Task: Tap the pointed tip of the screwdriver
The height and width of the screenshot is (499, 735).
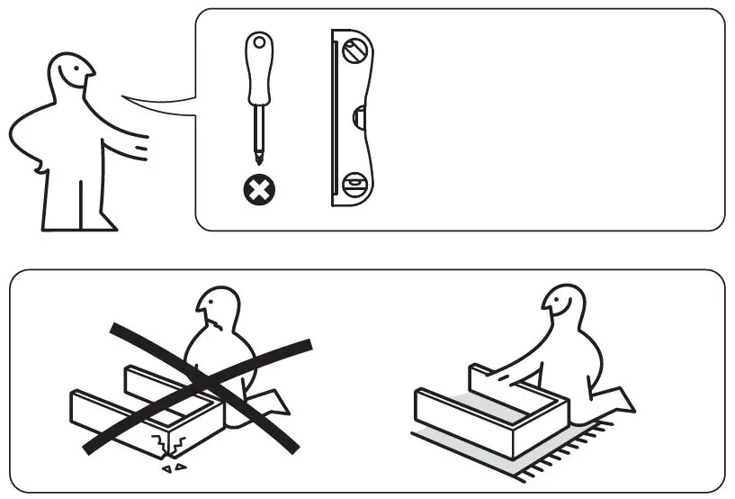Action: [x=260, y=160]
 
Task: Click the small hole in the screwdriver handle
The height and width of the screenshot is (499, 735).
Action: [x=260, y=42]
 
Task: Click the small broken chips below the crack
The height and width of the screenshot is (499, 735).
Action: [x=171, y=468]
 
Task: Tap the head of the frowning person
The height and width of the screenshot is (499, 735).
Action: [x=219, y=312]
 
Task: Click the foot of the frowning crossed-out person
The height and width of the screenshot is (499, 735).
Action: [x=274, y=404]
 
